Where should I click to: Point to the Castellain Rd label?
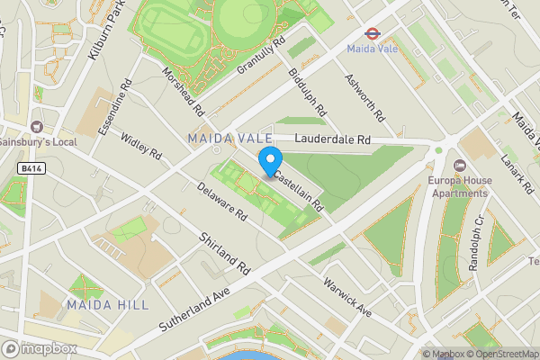pos(299,191)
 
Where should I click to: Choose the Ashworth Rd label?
pos(364,97)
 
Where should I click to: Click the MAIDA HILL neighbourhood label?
pos(107,305)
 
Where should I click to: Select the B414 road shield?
pos(31,167)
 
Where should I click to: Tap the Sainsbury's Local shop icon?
pos(37,127)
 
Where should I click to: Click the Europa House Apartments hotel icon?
pos(459,166)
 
